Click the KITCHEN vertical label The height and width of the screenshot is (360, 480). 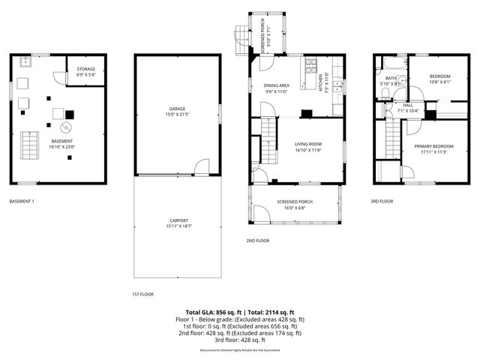321,83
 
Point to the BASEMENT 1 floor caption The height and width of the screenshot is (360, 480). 22,201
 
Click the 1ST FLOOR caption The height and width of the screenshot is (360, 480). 142,295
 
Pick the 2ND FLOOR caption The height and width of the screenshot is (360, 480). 258,240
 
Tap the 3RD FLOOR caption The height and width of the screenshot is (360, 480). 382,201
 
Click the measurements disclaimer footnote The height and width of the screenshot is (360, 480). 240,350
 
